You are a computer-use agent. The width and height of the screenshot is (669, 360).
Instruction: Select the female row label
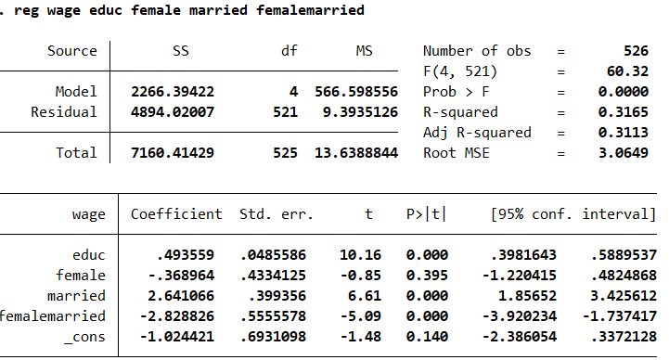[81, 275]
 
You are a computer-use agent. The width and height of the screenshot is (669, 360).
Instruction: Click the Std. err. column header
[276, 214]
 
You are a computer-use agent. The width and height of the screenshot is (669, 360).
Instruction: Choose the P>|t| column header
[426, 214]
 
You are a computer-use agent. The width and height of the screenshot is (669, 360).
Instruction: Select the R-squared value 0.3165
[624, 112]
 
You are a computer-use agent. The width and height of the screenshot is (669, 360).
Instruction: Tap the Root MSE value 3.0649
[624, 153]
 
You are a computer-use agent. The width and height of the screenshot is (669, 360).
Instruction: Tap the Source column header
[72, 51]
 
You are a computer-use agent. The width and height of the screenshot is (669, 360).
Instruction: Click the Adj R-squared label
[476, 133]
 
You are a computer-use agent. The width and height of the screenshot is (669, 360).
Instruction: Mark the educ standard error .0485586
[276, 254]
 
